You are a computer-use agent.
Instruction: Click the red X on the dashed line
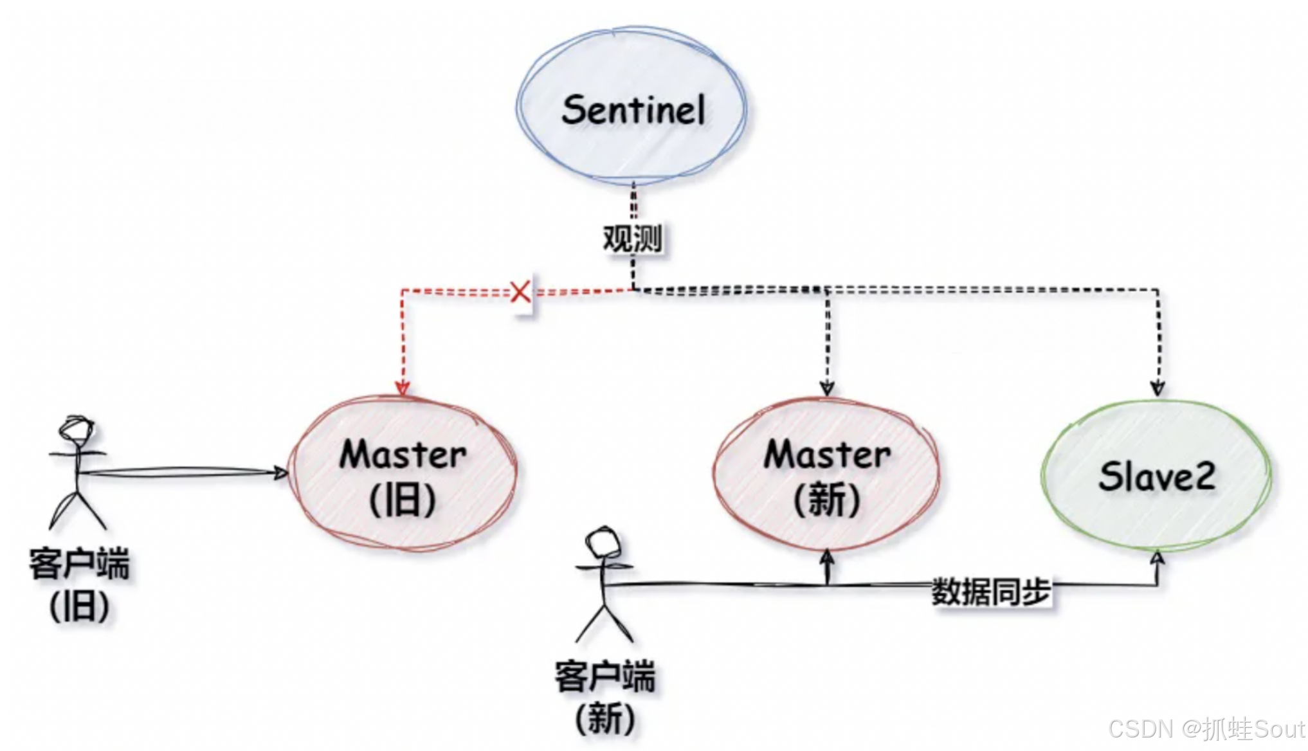click(x=520, y=291)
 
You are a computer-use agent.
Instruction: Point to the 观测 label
click(x=632, y=239)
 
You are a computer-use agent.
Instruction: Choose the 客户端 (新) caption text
click(x=605, y=696)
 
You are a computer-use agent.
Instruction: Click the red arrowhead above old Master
click(x=403, y=388)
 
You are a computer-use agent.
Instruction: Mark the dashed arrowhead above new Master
click(x=827, y=388)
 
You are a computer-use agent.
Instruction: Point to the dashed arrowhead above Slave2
click(x=1157, y=388)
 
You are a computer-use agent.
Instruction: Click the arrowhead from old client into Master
click(x=281, y=473)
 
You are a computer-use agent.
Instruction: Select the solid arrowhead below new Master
click(x=827, y=557)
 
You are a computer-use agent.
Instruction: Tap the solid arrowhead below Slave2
click(x=1157, y=558)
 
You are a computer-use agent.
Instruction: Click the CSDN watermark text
click(x=1206, y=729)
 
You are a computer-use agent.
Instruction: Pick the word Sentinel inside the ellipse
click(x=633, y=109)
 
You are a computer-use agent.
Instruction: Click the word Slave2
click(x=1157, y=476)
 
